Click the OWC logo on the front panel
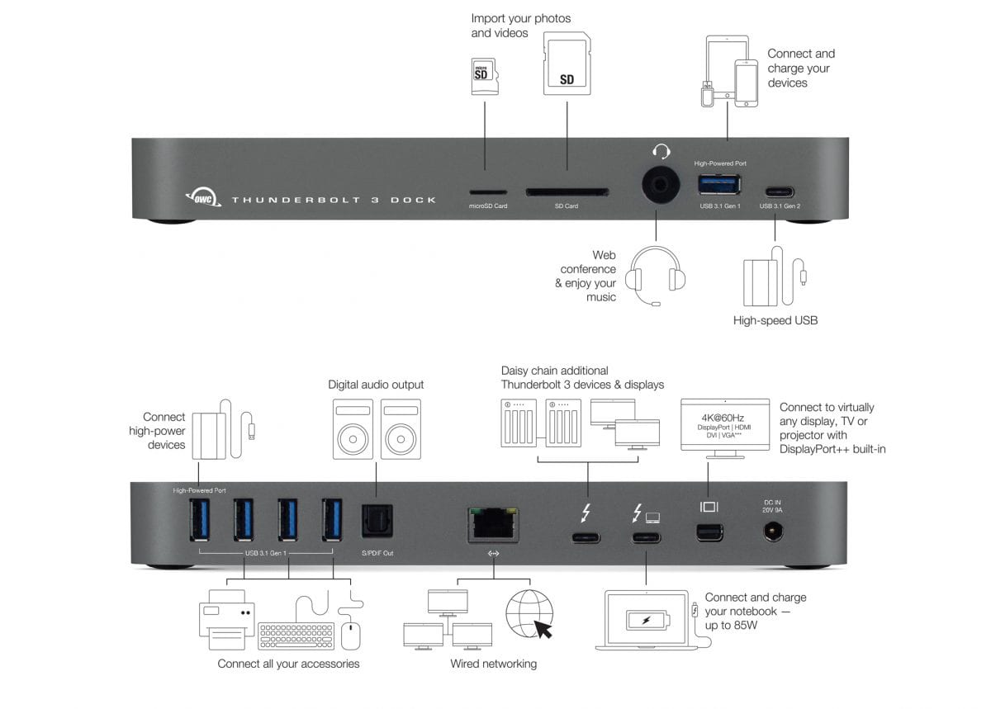(x=202, y=198)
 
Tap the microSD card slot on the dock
(x=483, y=191)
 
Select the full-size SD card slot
(x=567, y=191)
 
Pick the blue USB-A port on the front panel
(x=720, y=185)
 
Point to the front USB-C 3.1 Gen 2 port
(x=775, y=187)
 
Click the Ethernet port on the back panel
(x=493, y=524)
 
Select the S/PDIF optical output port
(x=377, y=522)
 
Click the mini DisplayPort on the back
(x=709, y=533)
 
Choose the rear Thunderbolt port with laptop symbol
(x=647, y=538)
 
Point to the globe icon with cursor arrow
(x=529, y=614)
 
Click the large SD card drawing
(x=567, y=65)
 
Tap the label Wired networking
(x=493, y=664)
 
